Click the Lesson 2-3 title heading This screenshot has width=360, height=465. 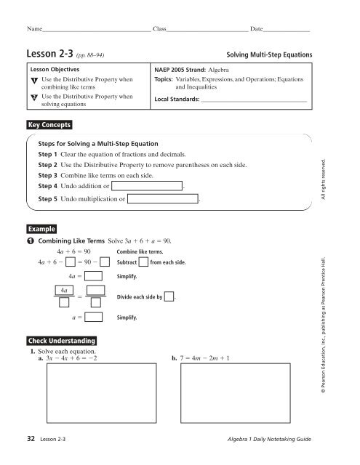[x=47, y=55]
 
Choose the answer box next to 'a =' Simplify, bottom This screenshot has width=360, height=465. [x=92, y=318]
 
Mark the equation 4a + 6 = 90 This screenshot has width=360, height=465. [x=73, y=251]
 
